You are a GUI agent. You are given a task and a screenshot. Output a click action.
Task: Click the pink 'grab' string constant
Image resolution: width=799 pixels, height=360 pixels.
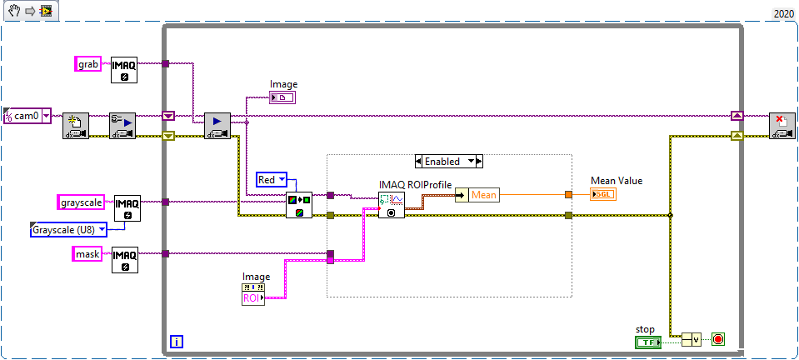pyautogui.click(x=87, y=63)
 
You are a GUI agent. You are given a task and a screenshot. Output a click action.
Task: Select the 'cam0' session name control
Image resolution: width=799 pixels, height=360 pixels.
pyautogui.click(x=27, y=116)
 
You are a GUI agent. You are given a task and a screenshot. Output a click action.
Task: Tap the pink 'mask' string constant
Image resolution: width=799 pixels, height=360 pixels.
pyautogui.click(x=87, y=253)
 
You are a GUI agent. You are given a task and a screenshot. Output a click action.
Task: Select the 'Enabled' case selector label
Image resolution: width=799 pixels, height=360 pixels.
pyautogui.click(x=448, y=161)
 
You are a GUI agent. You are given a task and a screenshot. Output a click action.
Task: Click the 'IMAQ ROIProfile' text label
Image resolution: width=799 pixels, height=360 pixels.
pyautogui.click(x=415, y=185)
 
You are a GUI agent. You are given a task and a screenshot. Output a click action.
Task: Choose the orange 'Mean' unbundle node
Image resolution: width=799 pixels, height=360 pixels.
pyautogui.click(x=482, y=195)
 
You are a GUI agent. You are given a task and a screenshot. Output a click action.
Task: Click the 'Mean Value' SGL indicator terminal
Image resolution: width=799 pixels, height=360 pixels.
pyautogui.click(x=604, y=194)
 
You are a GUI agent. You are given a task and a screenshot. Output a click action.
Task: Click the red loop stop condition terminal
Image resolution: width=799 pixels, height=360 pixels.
pyautogui.click(x=718, y=339)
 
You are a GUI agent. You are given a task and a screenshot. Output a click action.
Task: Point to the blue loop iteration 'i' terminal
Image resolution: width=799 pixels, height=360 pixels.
pyautogui.click(x=177, y=341)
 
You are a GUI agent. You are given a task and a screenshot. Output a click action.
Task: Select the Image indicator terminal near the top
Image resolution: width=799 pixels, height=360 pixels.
pyautogui.click(x=282, y=97)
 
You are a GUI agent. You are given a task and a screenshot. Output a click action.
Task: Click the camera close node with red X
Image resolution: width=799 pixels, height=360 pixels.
pyautogui.click(x=782, y=126)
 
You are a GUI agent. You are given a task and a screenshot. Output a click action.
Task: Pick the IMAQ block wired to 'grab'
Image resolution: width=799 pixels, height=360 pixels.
pyautogui.click(x=124, y=70)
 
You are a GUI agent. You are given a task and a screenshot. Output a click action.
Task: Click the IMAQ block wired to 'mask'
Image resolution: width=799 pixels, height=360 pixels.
pyautogui.click(x=125, y=260)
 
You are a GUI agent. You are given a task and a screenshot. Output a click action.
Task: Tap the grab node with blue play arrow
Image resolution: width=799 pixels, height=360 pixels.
pyautogui.click(x=217, y=126)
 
